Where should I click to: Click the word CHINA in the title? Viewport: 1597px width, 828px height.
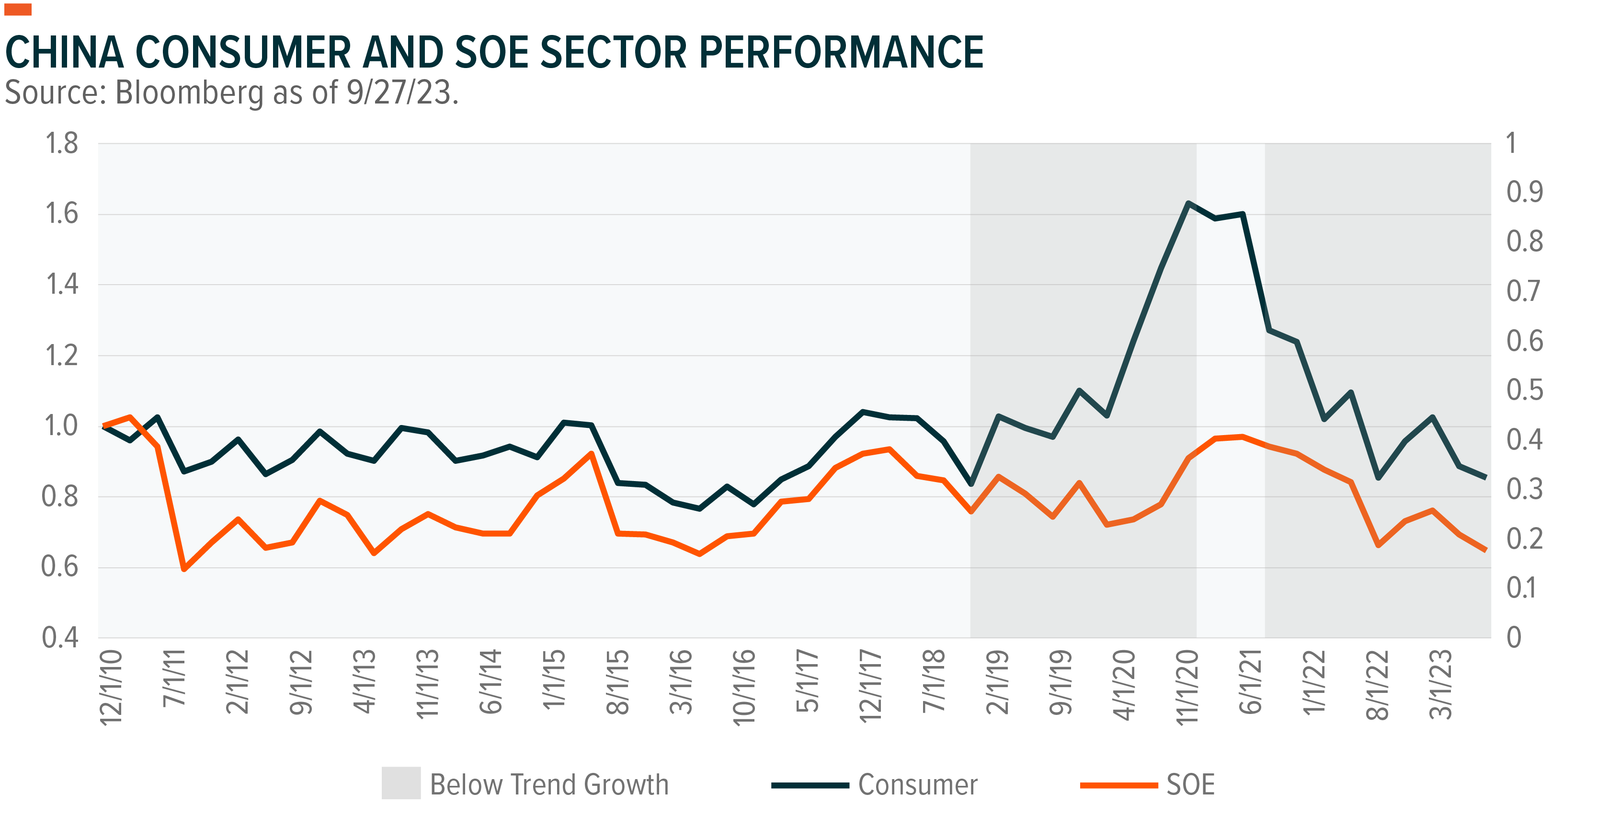tap(65, 52)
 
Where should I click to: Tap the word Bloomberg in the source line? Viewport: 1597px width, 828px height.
tap(189, 93)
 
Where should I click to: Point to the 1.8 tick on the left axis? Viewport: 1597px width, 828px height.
tap(61, 144)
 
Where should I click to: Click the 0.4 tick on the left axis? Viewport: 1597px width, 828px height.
tap(60, 638)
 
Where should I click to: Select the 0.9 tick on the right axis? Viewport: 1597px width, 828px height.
tap(1525, 192)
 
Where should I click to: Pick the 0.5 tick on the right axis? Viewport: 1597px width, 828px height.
tap(1525, 390)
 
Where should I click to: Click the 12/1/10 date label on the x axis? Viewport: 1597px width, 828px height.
tap(112, 687)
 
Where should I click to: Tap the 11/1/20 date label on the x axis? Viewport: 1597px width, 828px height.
tap(1187, 687)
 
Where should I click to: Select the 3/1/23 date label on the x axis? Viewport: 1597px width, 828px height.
tap(1440, 684)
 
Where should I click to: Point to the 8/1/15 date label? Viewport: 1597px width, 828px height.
tap(617, 682)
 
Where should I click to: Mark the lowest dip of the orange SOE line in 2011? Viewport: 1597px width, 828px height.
tap(184, 569)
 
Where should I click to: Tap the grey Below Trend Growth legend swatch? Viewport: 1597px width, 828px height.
tap(401, 783)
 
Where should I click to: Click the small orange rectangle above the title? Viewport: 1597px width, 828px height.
tap(18, 9)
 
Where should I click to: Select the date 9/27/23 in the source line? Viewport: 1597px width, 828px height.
tap(399, 93)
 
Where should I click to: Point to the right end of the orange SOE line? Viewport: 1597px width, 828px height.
tap(1485, 550)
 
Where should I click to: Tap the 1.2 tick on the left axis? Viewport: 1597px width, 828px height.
tap(61, 356)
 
